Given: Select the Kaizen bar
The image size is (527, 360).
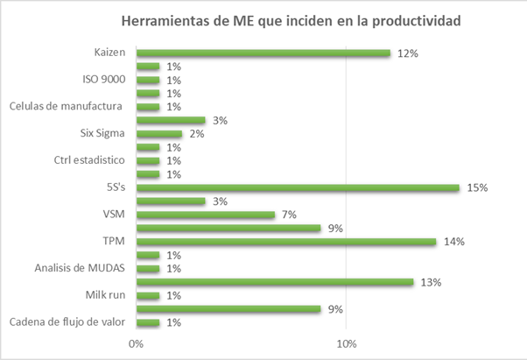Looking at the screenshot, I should [263, 53].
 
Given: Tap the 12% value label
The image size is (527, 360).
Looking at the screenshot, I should [407, 53].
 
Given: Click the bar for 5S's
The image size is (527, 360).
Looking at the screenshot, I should [298, 187].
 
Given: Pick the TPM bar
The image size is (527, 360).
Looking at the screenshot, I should [285, 241].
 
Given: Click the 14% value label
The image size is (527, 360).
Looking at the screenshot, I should [453, 241].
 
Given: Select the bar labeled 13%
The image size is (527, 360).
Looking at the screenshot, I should [274, 282].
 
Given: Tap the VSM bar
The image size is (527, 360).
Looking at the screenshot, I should [206, 215].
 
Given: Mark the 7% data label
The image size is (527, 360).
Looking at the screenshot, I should [289, 215].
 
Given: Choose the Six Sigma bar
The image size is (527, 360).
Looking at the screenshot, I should [158, 133].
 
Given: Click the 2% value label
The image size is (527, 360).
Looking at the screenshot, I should [196, 133].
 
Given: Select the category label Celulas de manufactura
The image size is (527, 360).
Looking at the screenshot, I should [67, 107].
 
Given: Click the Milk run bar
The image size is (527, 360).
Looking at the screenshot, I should [147, 295].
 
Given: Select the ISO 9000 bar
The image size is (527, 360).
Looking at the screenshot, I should [147, 80].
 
